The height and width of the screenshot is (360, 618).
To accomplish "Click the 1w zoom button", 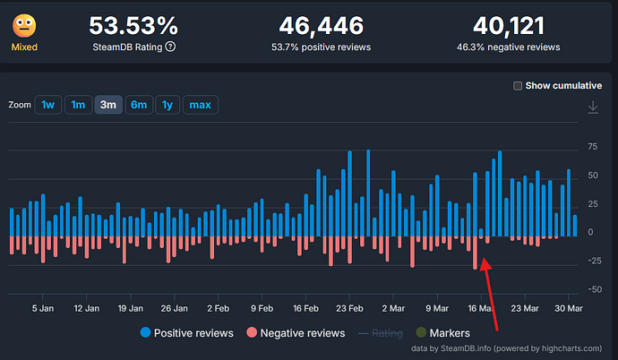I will [48, 105].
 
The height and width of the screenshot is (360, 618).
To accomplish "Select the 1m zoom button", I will [78, 105].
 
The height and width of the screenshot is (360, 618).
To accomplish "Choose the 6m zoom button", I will [138, 105].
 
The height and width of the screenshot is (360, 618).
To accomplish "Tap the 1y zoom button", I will [167, 105].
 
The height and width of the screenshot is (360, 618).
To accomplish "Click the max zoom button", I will [200, 105].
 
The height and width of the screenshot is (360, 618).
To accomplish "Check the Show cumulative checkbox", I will [518, 86].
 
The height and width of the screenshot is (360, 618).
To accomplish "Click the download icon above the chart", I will [592, 107].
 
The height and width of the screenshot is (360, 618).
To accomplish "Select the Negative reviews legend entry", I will [296, 333].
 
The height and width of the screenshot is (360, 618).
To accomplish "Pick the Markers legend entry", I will [442, 333].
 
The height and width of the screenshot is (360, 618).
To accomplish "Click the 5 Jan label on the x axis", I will [42, 307].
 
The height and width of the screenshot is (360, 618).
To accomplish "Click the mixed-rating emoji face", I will [24, 25].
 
